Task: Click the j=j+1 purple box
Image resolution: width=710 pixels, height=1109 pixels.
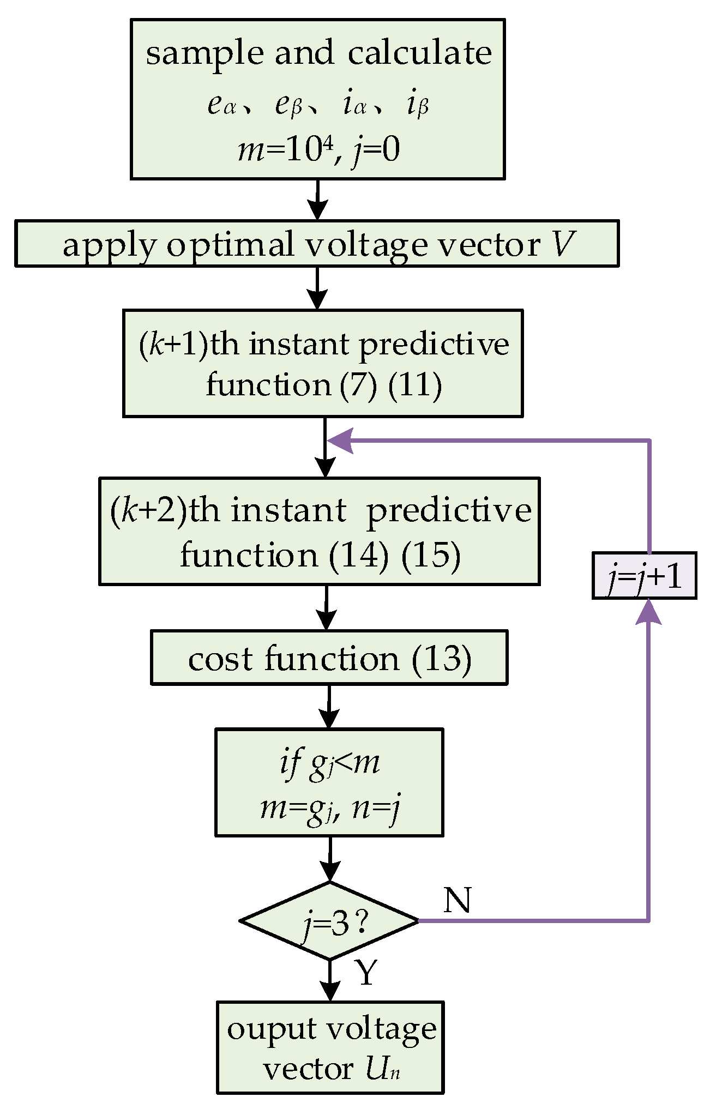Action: [644, 575]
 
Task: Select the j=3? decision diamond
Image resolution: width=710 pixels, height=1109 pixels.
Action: [329, 921]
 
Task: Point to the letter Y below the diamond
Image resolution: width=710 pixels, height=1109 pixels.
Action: [366, 972]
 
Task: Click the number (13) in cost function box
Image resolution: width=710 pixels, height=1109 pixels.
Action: [441, 658]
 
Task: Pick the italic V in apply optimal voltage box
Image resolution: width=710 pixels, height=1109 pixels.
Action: [563, 244]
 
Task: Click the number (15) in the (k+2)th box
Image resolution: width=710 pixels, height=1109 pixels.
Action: [431, 555]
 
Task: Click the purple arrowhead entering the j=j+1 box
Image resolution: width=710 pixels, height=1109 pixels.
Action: [648, 612]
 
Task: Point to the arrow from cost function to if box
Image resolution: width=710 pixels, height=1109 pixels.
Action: [329, 707]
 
